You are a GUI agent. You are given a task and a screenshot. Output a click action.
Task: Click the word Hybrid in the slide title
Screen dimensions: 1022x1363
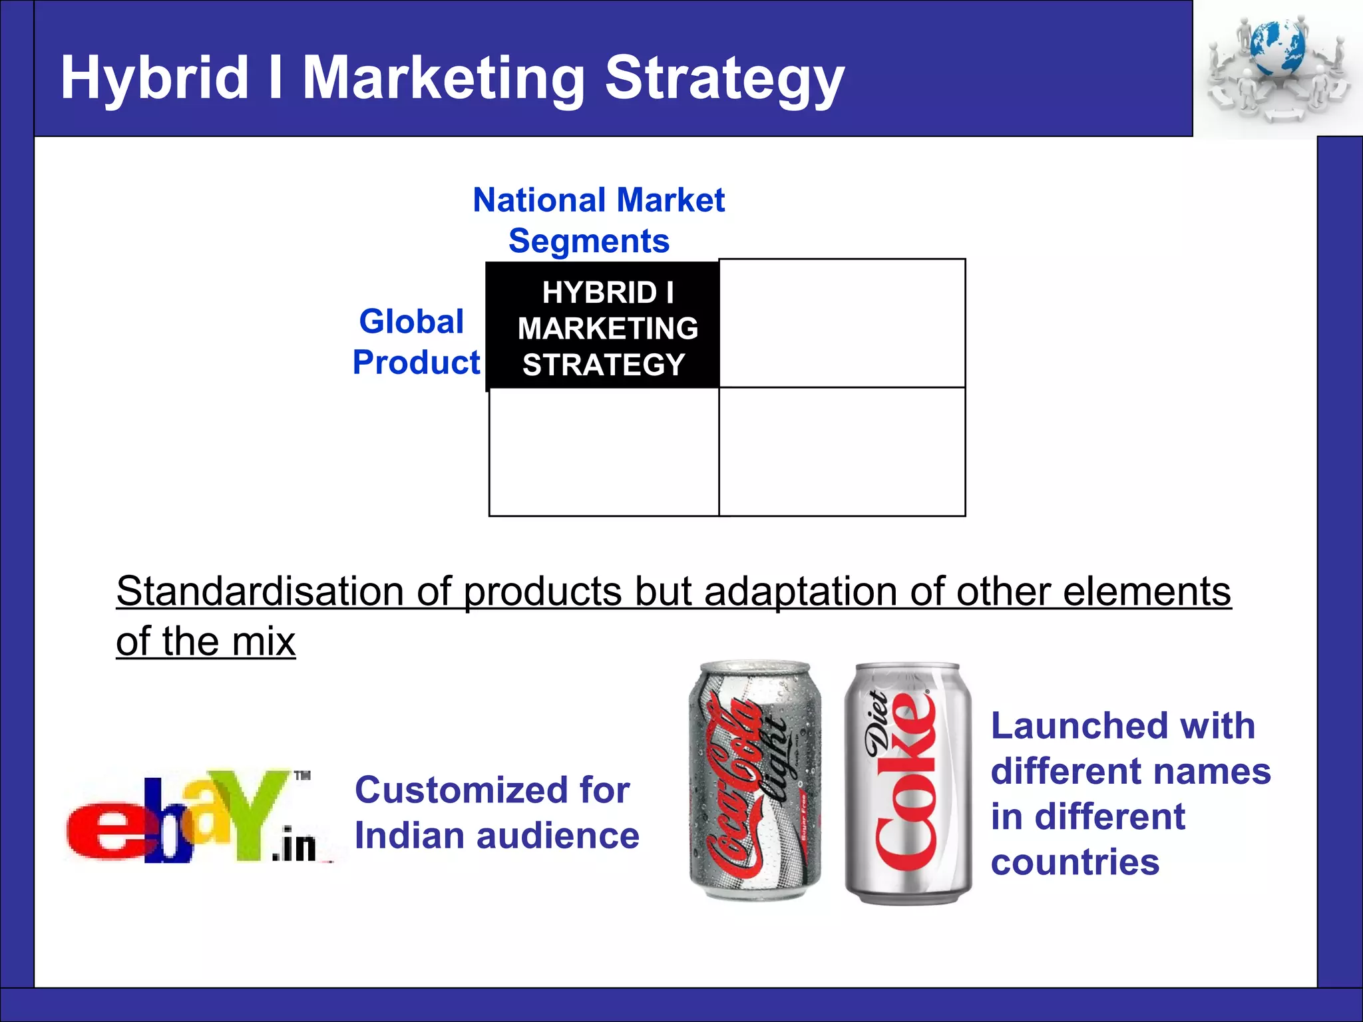coord(154,79)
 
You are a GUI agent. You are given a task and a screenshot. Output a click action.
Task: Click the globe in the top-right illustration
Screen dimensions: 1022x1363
coord(1276,48)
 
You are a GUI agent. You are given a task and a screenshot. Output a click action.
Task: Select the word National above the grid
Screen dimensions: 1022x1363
coord(540,200)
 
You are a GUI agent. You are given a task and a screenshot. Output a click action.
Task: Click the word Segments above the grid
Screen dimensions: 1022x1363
coord(589,241)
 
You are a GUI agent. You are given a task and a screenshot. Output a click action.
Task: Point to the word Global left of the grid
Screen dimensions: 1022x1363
coord(411,322)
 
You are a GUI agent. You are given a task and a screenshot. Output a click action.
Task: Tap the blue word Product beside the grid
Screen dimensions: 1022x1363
coord(416,363)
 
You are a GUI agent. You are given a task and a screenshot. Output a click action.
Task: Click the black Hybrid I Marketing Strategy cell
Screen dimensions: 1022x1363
coord(603,326)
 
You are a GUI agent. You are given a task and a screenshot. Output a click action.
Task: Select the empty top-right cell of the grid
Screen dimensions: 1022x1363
coord(842,323)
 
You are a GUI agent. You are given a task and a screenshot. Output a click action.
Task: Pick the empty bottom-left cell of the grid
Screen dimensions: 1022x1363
coord(604,452)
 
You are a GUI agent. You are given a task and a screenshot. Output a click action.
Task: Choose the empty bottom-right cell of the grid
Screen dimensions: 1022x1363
coord(842,452)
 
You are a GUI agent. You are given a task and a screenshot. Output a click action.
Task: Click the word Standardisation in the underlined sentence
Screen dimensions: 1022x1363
coord(260,591)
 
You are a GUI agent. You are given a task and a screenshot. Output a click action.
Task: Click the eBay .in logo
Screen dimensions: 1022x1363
coord(196,818)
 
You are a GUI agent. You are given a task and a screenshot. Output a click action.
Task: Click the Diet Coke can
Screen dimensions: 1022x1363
coord(907,783)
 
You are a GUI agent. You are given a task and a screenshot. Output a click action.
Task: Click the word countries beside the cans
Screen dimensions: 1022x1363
coord(1075,862)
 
